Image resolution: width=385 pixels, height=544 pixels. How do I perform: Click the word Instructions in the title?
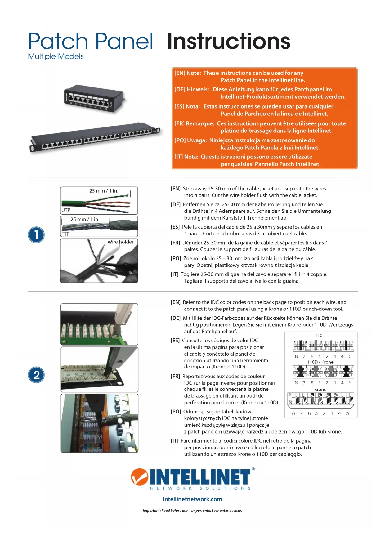229,41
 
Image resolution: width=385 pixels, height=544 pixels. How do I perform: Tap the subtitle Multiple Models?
56,56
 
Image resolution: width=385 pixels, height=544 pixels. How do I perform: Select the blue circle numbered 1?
36,235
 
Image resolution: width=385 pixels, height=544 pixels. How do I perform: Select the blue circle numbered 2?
36,375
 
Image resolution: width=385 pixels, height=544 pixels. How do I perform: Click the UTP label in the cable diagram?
66,210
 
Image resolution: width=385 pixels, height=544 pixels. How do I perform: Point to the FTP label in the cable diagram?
65,234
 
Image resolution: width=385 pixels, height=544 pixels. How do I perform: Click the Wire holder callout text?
121,242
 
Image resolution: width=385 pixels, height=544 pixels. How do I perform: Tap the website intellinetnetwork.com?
192,499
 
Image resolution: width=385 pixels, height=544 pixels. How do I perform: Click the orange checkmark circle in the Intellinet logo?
140,477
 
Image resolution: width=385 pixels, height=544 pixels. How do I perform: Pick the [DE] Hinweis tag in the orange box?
192,89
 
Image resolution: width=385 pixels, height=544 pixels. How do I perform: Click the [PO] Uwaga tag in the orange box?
190,140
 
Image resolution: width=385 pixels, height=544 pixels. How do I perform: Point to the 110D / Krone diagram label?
320,362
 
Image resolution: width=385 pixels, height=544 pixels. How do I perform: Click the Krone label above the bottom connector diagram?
320,390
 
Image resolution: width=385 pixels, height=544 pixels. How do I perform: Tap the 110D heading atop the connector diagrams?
320,335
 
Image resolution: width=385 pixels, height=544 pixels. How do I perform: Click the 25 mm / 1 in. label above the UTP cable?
104,191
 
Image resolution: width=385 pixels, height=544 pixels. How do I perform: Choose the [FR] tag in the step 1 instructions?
175,243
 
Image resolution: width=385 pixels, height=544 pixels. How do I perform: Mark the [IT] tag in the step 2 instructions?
175,441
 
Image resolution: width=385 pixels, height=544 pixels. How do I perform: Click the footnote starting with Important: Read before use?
192,511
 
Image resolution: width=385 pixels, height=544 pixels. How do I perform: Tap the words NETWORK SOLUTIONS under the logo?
200,488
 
